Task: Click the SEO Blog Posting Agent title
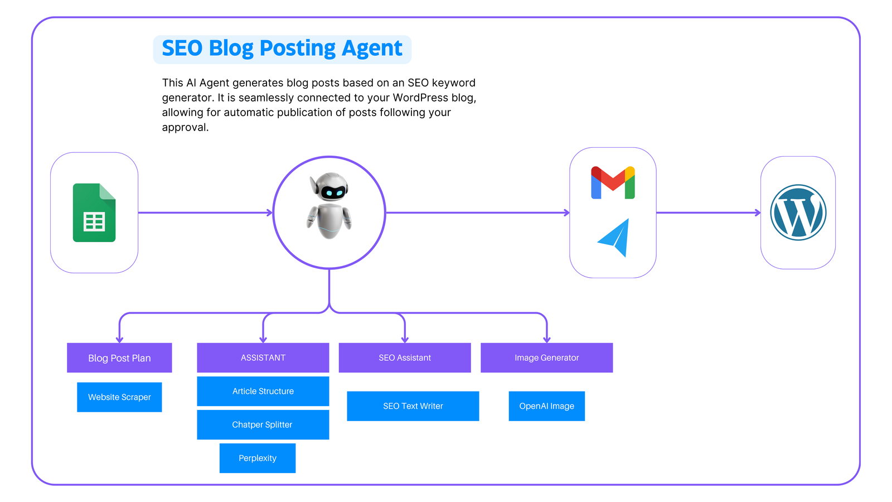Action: (x=282, y=49)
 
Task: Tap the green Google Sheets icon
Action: (x=94, y=213)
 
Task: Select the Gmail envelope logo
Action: (x=613, y=182)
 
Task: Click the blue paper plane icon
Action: (x=614, y=238)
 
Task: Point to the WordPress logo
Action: (x=798, y=213)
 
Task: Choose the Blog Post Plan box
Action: (x=119, y=358)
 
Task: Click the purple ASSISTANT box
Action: (x=263, y=358)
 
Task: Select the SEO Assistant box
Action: (x=405, y=358)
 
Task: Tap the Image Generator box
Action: (x=547, y=358)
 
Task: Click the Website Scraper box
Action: (x=119, y=397)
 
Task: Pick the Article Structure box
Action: (x=263, y=391)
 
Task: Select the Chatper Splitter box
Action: (x=263, y=424)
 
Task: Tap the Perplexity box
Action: (x=258, y=458)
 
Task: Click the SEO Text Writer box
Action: (x=413, y=406)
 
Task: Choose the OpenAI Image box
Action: (x=547, y=406)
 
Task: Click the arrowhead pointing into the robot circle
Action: (x=270, y=213)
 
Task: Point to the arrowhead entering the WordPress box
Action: (x=758, y=213)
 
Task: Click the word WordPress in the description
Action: (x=420, y=98)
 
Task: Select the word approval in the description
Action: (x=185, y=128)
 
